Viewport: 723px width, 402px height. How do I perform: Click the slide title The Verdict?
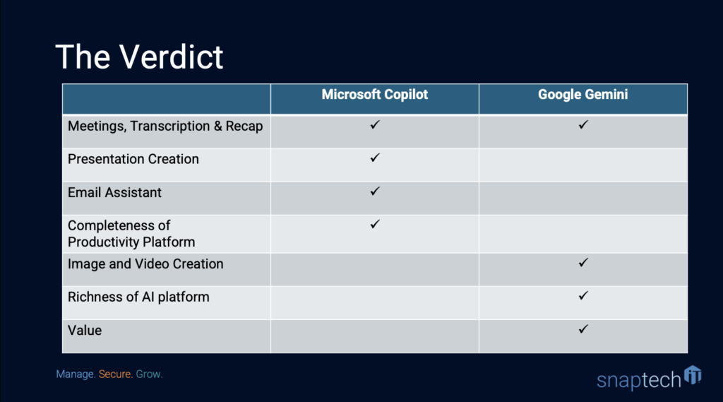[139, 57]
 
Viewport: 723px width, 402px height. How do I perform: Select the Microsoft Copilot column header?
[374, 95]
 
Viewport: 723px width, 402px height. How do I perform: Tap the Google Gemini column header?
[582, 95]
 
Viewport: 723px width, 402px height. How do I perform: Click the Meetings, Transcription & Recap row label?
[165, 126]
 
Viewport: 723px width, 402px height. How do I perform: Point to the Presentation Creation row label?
[133, 159]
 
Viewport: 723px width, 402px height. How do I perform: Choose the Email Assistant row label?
[114, 192]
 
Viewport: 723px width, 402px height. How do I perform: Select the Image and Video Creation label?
[145, 264]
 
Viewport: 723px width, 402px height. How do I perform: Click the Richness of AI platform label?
[138, 297]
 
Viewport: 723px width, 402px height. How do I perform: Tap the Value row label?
[85, 331]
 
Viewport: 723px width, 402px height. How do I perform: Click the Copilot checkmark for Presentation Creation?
[375, 158]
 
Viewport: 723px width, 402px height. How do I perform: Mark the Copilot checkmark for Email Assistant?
[375, 191]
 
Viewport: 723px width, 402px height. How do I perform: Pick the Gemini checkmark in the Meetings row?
[583, 124]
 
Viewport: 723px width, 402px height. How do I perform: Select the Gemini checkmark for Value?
[583, 329]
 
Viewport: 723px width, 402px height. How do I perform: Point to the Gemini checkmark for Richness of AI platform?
[583, 295]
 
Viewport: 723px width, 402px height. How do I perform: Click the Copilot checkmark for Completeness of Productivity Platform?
[375, 224]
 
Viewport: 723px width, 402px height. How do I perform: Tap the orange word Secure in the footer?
[115, 374]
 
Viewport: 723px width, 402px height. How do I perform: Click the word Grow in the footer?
[149, 374]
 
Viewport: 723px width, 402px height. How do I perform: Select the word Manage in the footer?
[76, 374]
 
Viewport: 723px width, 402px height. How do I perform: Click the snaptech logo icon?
[693, 374]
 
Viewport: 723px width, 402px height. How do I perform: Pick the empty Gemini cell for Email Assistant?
[583, 198]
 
